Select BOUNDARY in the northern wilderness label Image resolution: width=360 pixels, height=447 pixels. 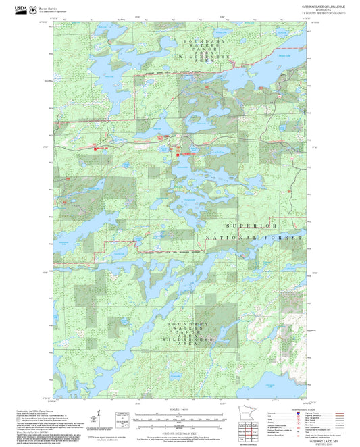203,42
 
